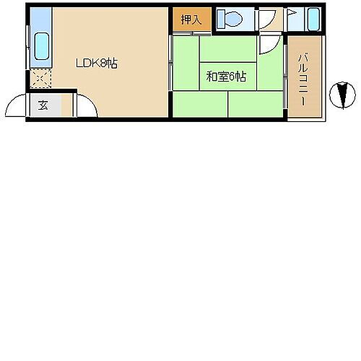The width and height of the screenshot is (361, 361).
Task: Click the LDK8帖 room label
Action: tap(97, 64)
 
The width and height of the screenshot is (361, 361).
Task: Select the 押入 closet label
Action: tap(191, 20)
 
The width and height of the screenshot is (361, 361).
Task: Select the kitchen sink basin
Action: tap(42, 48)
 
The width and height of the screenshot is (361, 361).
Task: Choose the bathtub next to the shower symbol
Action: tap(313, 19)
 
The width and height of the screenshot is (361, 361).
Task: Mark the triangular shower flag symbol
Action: tap(293, 14)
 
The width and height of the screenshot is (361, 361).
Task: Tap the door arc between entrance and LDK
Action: tap(85, 107)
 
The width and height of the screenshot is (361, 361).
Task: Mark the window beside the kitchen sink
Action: tap(29, 47)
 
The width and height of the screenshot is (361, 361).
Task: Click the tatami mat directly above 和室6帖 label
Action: tap(228, 50)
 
